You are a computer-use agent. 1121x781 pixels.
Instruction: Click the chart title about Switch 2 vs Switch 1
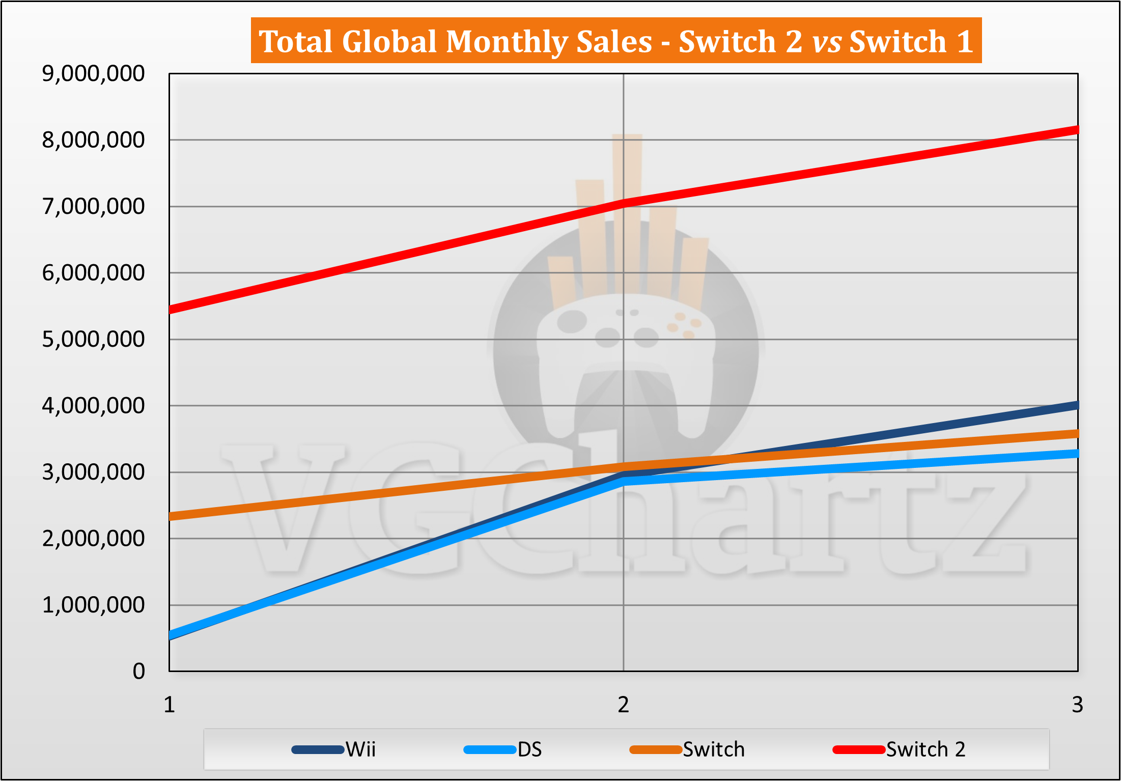tap(616, 41)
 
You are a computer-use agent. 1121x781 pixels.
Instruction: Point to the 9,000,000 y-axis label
tap(93, 74)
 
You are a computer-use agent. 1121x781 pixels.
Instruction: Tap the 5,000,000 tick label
tap(93, 340)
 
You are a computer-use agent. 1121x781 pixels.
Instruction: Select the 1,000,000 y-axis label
tap(93, 605)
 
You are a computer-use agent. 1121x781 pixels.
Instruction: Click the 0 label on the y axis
tap(138, 672)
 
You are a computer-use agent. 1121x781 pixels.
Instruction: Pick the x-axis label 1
tap(170, 705)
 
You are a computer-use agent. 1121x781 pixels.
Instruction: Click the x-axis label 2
tap(624, 705)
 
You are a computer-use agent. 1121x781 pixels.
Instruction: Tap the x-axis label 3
tap(1077, 705)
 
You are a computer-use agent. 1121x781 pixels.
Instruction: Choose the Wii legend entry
tap(334, 749)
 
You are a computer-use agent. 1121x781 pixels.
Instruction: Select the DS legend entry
tap(503, 749)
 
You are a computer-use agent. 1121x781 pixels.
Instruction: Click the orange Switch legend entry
tap(687, 749)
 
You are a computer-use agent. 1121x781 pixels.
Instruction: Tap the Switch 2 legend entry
tap(899, 749)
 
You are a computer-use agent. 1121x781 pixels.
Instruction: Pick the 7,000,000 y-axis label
tap(93, 207)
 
